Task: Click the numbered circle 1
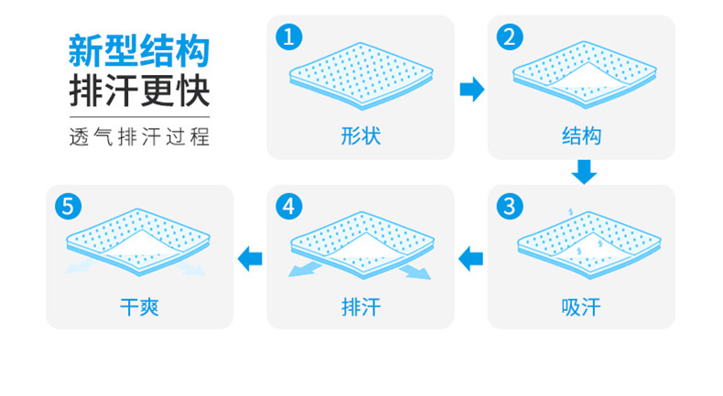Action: tap(289, 37)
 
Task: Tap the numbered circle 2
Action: tap(510, 37)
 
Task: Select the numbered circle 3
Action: tap(510, 206)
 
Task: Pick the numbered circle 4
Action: tap(289, 206)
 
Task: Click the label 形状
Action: tap(360, 137)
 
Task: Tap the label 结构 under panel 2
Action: tap(581, 137)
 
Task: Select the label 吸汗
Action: tap(581, 306)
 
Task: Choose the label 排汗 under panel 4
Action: tap(360, 306)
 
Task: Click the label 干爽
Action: tap(139, 306)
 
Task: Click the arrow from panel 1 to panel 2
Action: tap(471, 89)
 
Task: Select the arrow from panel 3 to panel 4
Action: tap(470, 258)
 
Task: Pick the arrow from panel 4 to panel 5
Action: tap(250, 258)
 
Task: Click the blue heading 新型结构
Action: tap(139, 50)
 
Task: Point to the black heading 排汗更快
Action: tap(139, 91)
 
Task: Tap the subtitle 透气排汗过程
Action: tap(139, 138)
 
